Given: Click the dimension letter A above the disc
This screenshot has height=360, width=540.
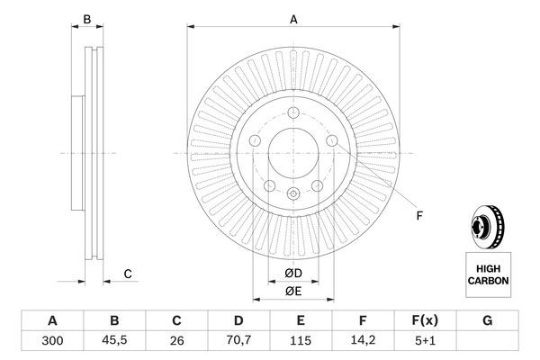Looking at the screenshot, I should coord(293,19).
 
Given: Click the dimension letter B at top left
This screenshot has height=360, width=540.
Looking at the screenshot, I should coord(87,19).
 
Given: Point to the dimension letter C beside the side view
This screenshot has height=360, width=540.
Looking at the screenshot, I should coord(128,274).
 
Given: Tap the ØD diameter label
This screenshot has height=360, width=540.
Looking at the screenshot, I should coord(293,274).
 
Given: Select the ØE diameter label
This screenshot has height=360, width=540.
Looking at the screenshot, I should coord(293,291).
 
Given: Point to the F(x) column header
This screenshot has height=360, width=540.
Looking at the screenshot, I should coord(426,321).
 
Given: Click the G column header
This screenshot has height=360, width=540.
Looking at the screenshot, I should coord(488,321).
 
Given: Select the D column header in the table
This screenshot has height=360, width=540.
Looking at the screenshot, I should coord(238,321).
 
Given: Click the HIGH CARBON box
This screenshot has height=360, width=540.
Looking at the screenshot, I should coord(488,274).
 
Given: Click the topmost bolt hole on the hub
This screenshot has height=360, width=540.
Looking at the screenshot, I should coord(293,112).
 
